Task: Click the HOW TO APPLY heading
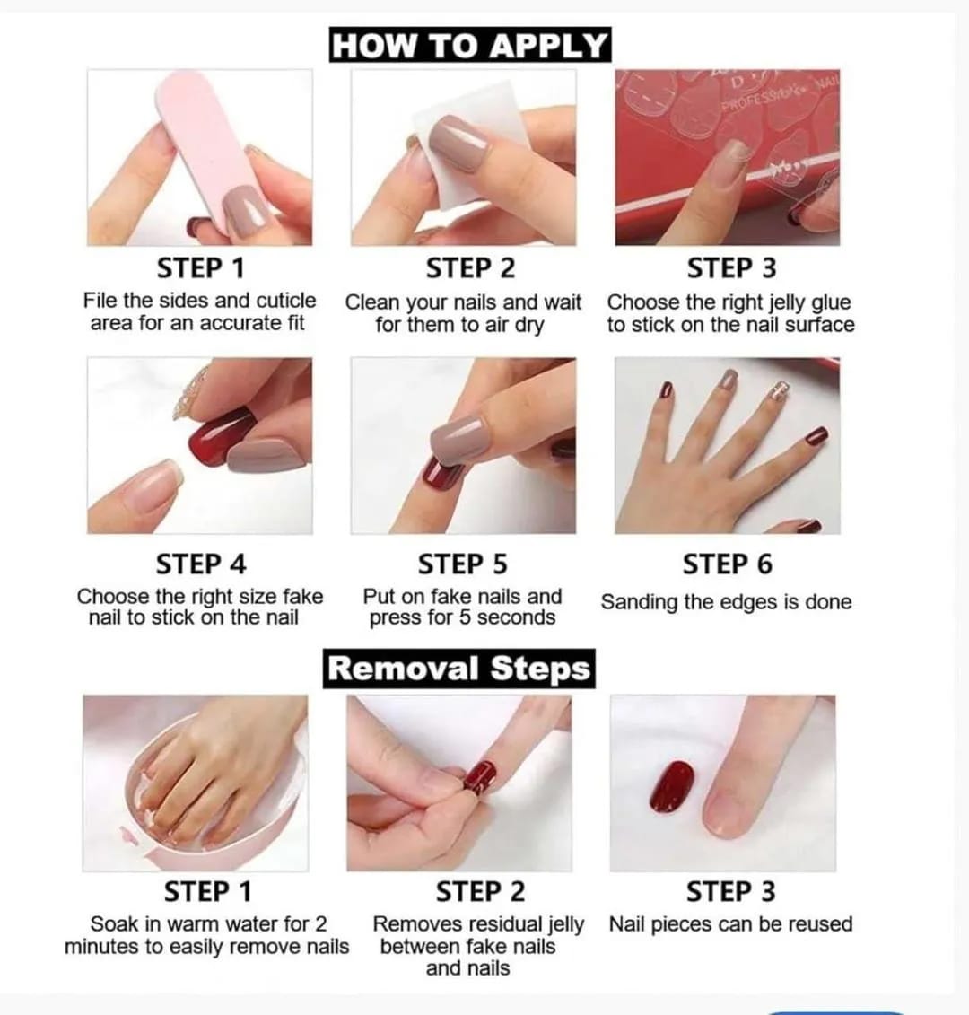click(469, 45)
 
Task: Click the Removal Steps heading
click(458, 669)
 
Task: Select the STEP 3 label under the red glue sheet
click(731, 268)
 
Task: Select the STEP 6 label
click(727, 564)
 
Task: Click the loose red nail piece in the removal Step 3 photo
click(672, 786)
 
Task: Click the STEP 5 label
click(462, 564)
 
